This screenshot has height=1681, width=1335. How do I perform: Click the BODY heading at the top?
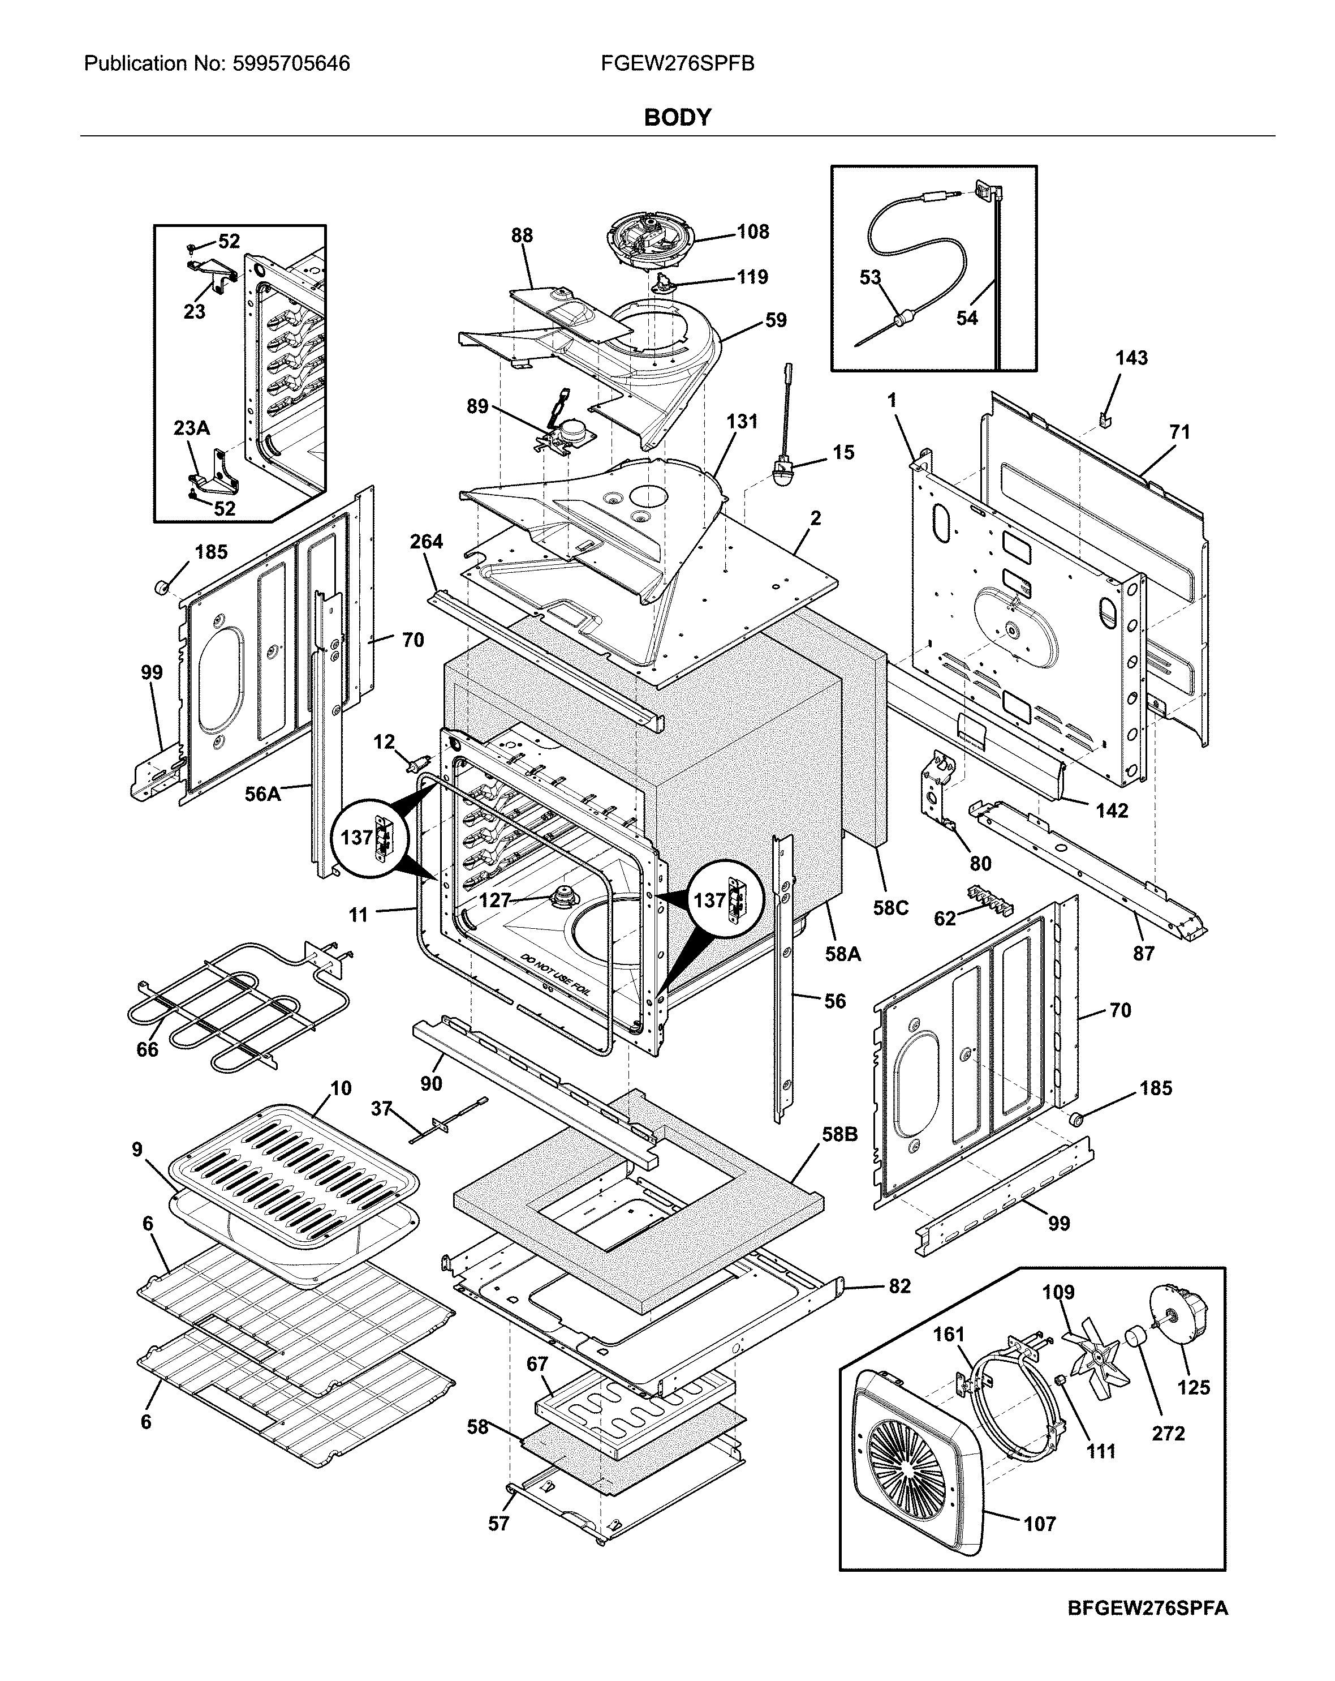[x=677, y=118]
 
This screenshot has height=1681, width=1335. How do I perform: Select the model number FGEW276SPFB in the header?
[x=677, y=64]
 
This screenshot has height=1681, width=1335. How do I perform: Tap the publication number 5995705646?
[x=291, y=64]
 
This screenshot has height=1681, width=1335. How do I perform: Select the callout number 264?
[x=427, y=541]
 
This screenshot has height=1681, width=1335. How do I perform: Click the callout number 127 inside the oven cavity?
[x=494, y=900]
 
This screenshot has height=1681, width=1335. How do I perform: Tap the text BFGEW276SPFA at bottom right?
[x=1147, y=1629]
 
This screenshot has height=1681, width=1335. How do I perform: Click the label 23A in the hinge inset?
[x=191, y=428]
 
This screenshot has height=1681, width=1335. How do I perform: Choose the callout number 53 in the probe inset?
[x=870, y=277]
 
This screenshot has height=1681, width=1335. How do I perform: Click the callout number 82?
[x=899, y=1286]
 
